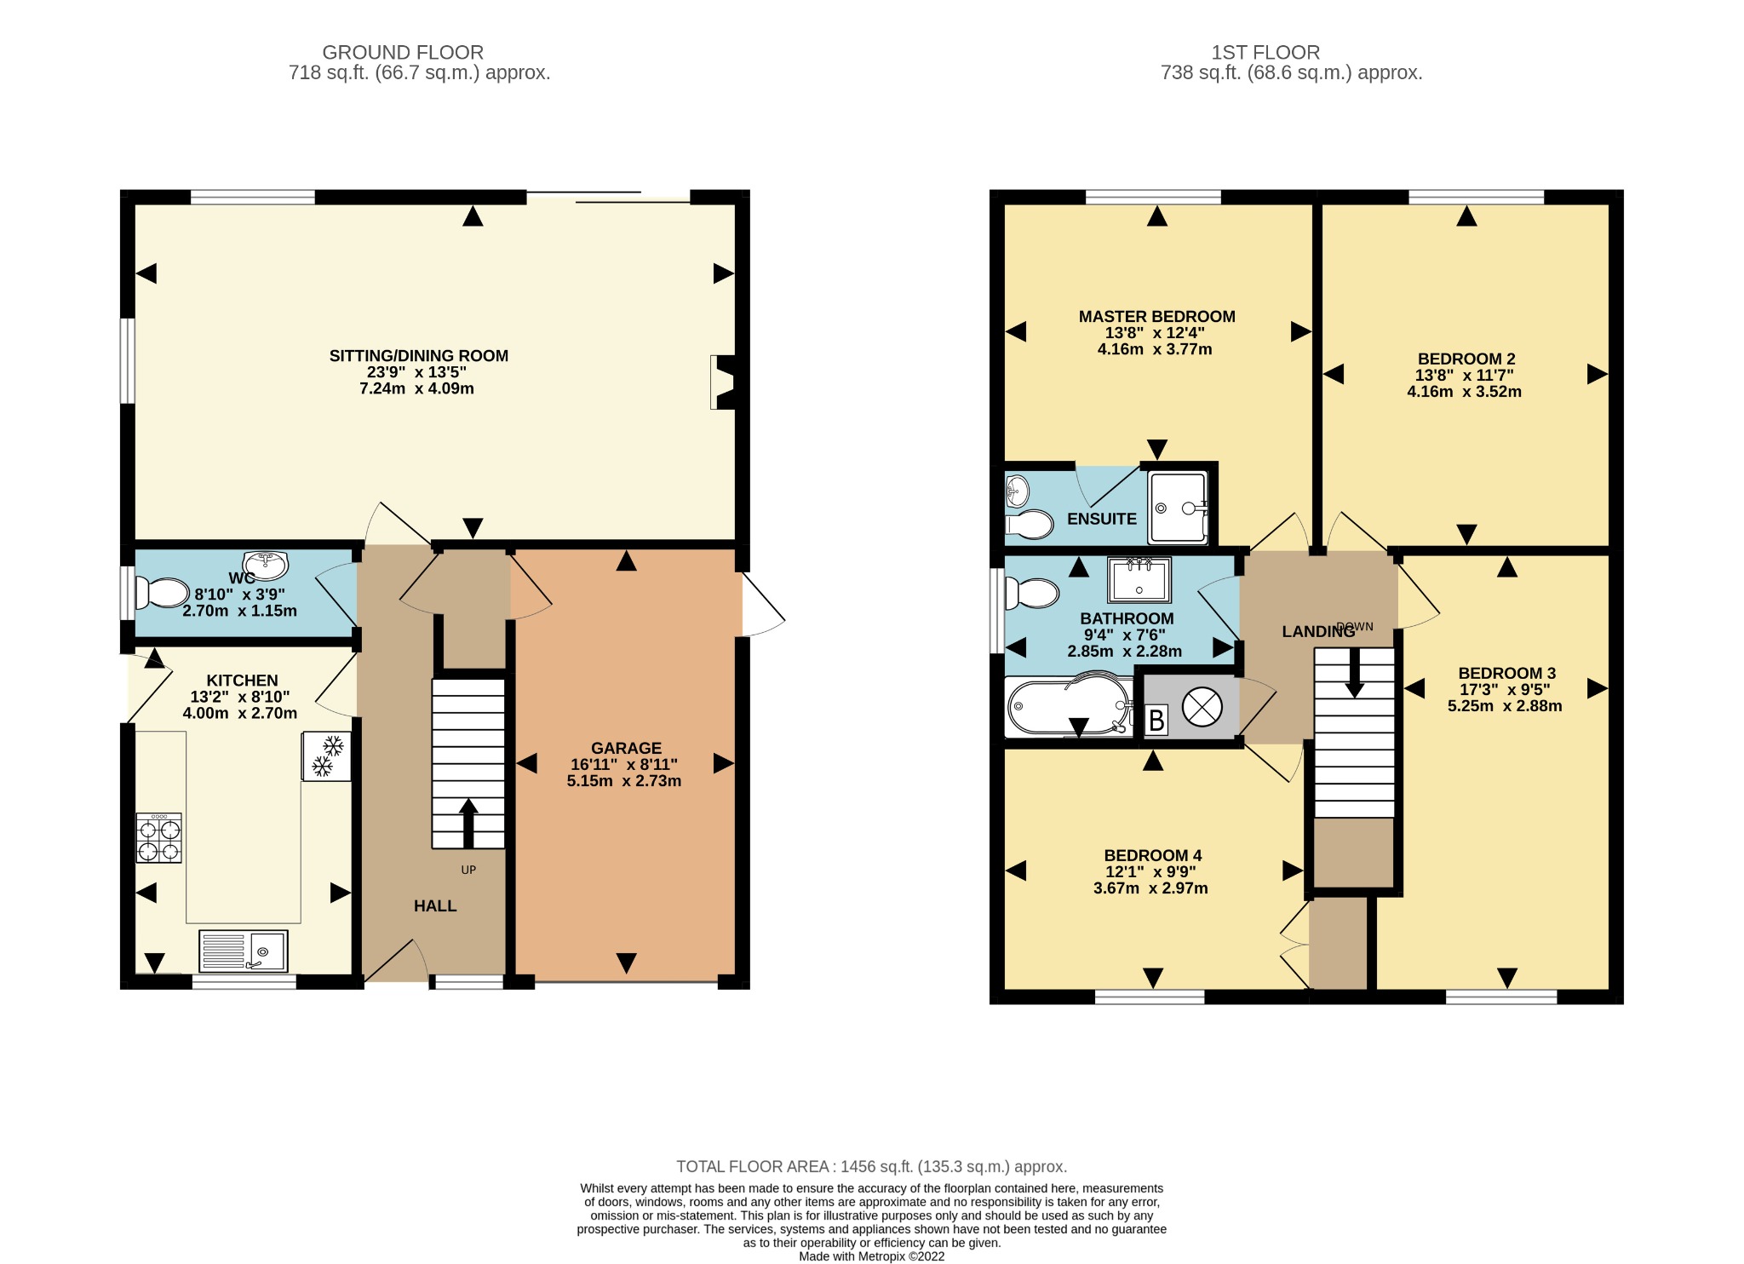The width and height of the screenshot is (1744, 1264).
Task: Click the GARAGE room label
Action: tap(626, 748)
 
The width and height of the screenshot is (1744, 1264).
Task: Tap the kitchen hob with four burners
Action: tap(159, 838)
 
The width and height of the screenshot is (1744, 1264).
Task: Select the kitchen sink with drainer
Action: tap(244, 951)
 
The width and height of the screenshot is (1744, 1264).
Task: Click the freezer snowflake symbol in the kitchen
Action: tap(326, 756)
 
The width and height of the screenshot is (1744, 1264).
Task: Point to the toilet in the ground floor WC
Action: tap(163, 593)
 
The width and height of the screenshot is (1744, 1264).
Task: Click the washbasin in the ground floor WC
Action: tap(266, 564)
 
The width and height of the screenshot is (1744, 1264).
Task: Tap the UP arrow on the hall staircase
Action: tap(468, 823)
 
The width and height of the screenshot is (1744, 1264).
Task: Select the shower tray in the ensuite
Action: tap(1178, 508)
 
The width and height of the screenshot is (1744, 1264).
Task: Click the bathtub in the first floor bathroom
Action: tap(1070, 706)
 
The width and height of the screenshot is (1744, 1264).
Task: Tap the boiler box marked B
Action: tap(1156, 721)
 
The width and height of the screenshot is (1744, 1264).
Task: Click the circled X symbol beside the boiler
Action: tap(1202, 707)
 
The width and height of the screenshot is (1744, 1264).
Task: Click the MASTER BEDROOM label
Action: tap(1156, 317)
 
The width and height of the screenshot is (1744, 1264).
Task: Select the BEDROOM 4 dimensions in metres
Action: tap(1150, 888)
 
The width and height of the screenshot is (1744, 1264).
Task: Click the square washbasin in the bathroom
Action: tap(1139, 579)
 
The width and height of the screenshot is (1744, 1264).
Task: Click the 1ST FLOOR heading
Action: tap(1265, 53)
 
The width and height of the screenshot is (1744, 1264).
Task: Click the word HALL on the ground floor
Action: tap(435, 906)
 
